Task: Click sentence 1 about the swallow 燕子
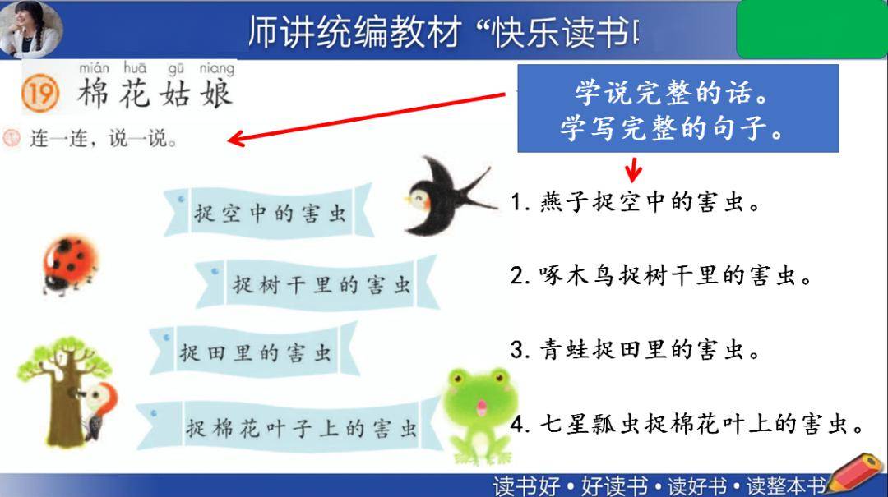(x=636, y=202)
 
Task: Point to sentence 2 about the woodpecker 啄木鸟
(x=661, y=276)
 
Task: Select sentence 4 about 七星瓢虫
(x=687, y=425)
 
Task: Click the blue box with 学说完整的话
(x=678, y=109)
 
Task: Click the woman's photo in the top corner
(x=30, y=28)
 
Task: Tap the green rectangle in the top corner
(x=811, y=30)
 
